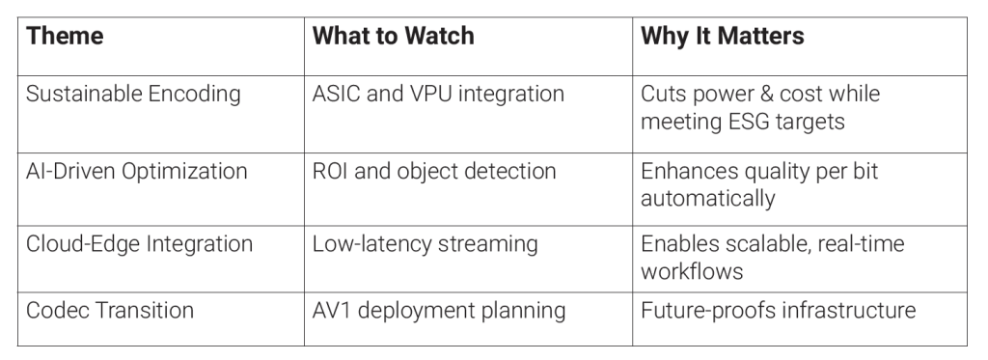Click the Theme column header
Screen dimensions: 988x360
tap(65, 36)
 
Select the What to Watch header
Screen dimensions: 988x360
tap(394, 36)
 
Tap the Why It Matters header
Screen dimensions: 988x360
tap(722, 36)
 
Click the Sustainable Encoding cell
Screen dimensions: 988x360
tap(133, 94)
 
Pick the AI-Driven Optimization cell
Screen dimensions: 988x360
tap(136, 171)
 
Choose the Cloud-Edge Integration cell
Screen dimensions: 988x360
tap(139, 244)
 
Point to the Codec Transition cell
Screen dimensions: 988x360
tap(110, 310)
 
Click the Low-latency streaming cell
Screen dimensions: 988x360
tap(425, 244)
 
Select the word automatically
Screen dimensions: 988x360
tap(707, 199)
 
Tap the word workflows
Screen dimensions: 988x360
tap(692, 271)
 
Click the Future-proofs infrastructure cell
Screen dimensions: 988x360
tap(779, 310)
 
